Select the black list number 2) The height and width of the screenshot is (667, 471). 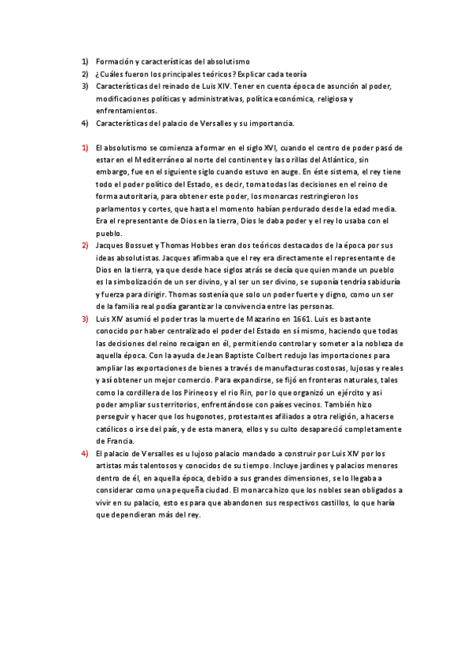pyautogui.click(x=84, y=73)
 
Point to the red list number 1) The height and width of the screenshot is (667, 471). pyautogui.click(x=84, y=147)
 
